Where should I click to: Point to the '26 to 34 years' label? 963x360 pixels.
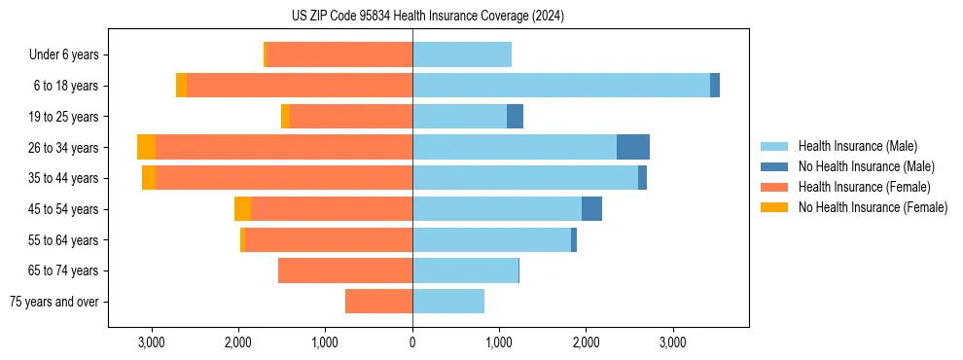pyautogui.click(x=64, y=148)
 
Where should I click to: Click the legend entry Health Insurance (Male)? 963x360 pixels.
pyautogui.click(x=857, y=146)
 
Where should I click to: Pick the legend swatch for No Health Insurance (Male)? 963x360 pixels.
pyautogui.click(x=774, y=166)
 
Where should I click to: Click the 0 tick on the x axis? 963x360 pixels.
pyautogui.click(x=412, y=342)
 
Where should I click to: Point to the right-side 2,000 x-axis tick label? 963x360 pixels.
pyautogui.click(x=586, y=342)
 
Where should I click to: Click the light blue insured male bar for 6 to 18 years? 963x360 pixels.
pyautogui.click(x=561, y=86)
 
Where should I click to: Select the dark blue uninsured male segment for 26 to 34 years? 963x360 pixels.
pyautogui.click(x=633, y=147)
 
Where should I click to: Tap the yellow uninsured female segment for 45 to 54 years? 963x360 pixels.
pyautogui.click(x=242, y=208)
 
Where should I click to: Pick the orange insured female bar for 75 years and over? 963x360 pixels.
pyautogui.click(x=378, y=302)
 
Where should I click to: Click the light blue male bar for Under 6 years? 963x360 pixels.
pyautogui.click(x=462, y=55)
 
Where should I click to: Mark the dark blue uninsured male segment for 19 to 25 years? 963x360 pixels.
pyautogui.click(x=516, y=117)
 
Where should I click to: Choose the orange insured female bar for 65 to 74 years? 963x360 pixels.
pyautogui.click(x=345, y=270)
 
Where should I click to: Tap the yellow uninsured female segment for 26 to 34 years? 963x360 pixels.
pyautogui.click(x=146, y=147)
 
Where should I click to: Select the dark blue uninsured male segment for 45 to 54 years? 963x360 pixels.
pyautogui.click(x=592, y=208)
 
